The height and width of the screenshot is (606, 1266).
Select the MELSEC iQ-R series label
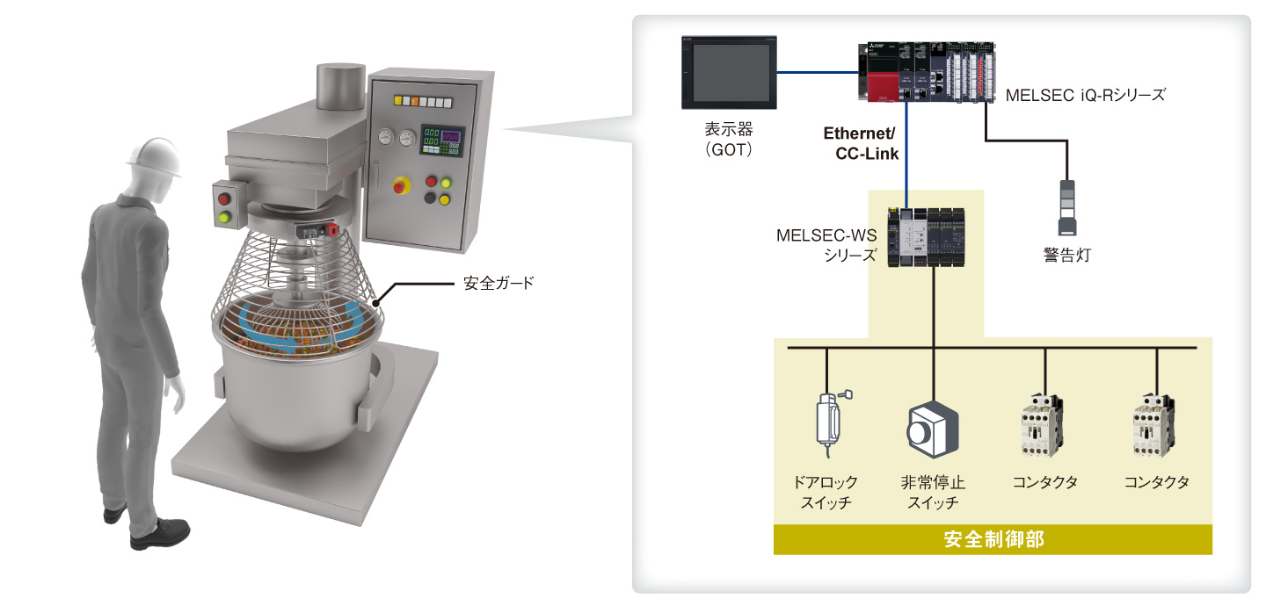(x=1085, y=94)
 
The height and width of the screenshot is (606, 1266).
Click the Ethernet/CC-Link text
(x=860, y=143)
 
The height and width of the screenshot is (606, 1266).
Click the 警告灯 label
(x=1066, y=256)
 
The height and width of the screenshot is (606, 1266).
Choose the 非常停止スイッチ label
(x=932, y=493)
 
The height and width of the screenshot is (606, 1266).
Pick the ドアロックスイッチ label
(x=826, y=493)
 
